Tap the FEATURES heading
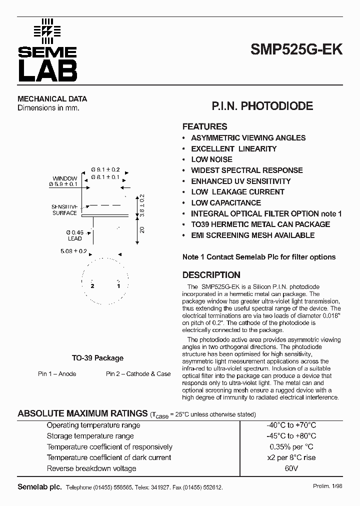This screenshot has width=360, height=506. (204, 127)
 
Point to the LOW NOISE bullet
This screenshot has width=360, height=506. (211, 159)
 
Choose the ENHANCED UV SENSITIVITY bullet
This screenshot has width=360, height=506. (240, 181)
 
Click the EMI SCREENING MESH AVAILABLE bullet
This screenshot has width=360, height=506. (252, 235)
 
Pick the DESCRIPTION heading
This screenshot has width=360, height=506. (211, 275)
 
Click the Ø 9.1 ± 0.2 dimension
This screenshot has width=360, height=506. (105, 170)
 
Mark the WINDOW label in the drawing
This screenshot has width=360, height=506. (64, 178)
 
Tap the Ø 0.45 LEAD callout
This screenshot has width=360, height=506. (74, 235)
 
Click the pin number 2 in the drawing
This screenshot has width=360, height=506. (92, 286)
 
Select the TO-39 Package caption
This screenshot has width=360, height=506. (97, 358)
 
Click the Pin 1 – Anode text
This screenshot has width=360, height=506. (57, 374)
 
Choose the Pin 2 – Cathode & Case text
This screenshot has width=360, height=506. (138, 374)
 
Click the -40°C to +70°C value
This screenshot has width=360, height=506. (291, 425)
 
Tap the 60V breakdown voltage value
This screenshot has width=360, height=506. (291, 468)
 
